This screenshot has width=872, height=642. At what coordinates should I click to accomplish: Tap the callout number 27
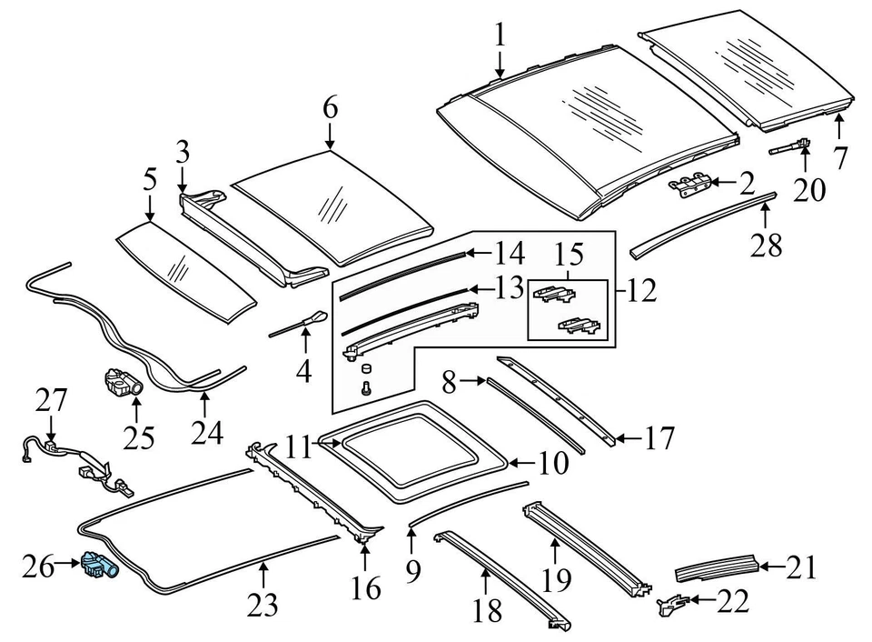point(52,400)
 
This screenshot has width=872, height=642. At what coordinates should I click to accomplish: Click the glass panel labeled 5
point(186,270)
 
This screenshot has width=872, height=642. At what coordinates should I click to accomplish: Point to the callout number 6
point(329,109)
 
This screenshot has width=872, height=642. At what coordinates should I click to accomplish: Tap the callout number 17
point(659,439)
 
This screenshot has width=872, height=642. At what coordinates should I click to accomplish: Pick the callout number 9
point(411,570)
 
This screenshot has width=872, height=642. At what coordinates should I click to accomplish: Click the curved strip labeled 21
point(718,570)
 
